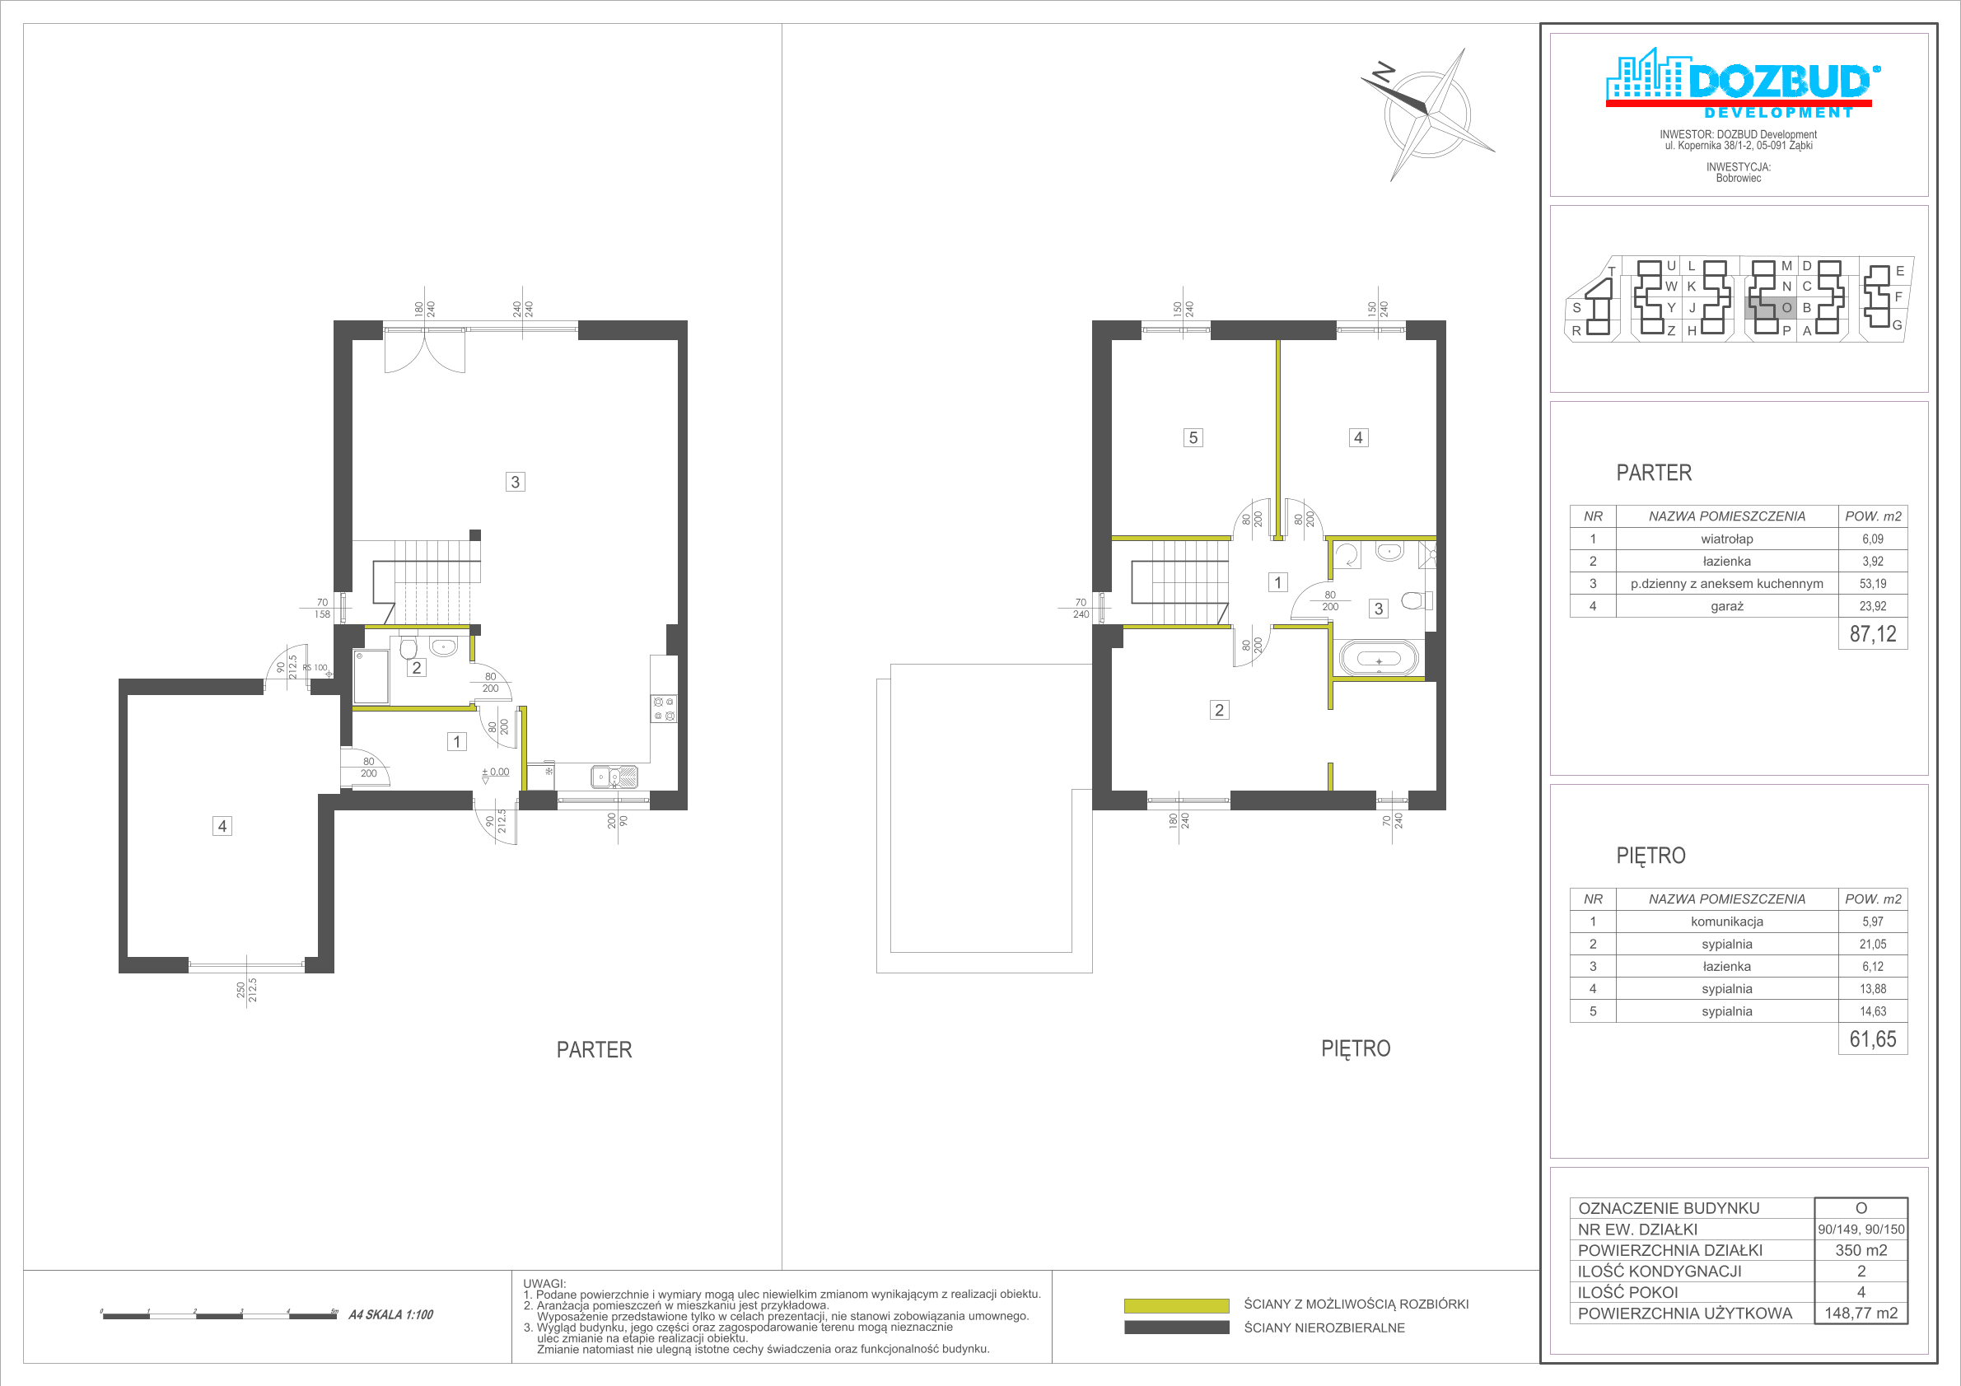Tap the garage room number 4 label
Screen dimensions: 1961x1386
[x=222, y=826]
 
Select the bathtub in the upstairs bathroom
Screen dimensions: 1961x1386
[x=1379, y=660]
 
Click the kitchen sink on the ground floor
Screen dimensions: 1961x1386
[x=614, y=777]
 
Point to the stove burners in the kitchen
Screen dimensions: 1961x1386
[x=664, y=709]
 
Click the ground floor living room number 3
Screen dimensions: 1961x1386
[x=515, y=482]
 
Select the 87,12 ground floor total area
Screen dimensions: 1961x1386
[x=1873, y=633]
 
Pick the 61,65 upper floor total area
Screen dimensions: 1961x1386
[x=1873, y=1038]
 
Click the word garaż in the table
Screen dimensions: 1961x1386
[x=1727, y=606]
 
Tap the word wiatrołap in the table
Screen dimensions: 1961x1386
[x=1727, y=539]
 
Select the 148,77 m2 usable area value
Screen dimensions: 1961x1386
[x=1861, y=1314]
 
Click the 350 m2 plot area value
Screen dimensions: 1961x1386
[x=1861, y=1250]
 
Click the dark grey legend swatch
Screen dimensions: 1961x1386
[x=1176, y=1327]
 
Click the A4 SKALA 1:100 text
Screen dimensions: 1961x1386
[x=391, y=1315]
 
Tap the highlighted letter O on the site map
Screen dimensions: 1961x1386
[x=1786, y=307]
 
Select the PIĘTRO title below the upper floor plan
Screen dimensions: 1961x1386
[x=1356, y=1048]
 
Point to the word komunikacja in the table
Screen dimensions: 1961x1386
[x=1727, y=922]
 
